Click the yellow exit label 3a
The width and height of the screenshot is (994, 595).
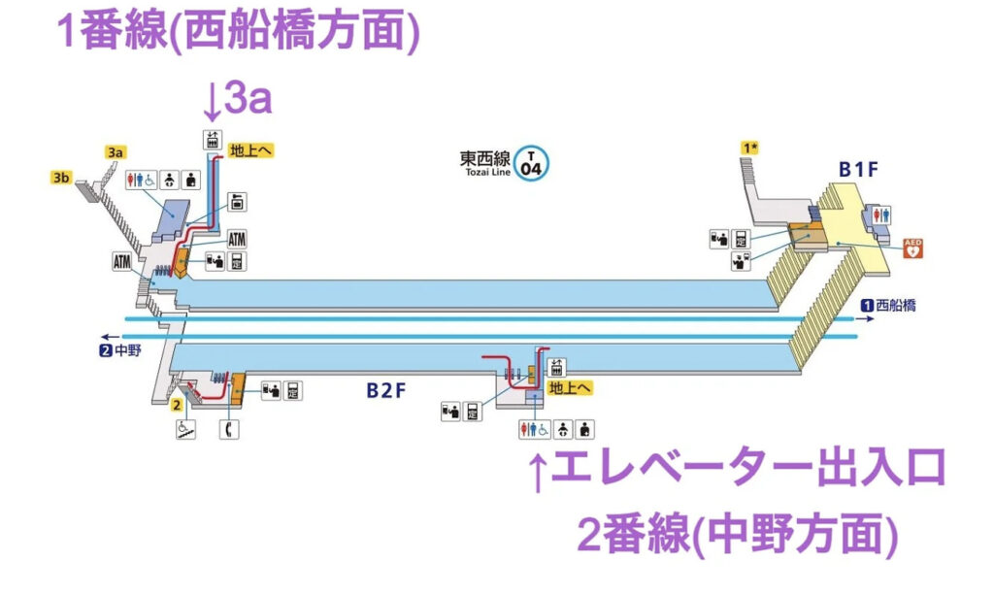[x=116, y=152]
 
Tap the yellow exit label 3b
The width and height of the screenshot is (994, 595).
[x=62, y=177]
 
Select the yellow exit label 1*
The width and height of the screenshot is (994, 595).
[x=748, y=148]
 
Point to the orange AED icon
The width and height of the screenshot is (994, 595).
[x=911, y=248]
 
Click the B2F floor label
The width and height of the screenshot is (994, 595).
[x=386, y=390]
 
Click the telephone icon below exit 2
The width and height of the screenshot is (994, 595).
[x=227, y=428]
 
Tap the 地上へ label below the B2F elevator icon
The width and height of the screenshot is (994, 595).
[x=570, y=387]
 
